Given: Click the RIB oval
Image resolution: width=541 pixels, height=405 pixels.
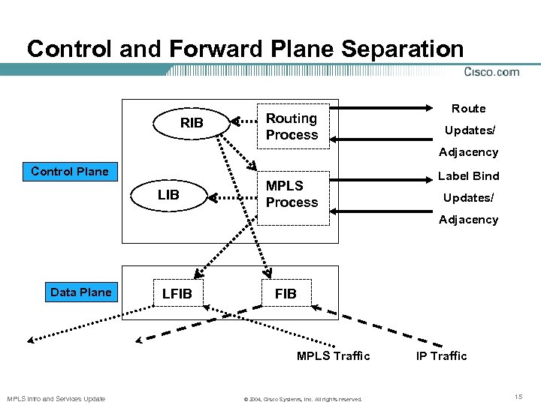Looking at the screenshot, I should click(x=192, y=123).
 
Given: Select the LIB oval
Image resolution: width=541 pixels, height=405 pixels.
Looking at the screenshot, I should click(x=168, y=195).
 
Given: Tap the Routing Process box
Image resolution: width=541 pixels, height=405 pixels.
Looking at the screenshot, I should click(x=292, y=127).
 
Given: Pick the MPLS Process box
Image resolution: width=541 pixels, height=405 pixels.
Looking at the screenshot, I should click(x=292, y=194).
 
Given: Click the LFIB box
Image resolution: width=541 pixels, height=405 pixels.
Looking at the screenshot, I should click(x=177, y=294).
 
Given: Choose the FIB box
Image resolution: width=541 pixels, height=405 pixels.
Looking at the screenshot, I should click(x=286, y=294).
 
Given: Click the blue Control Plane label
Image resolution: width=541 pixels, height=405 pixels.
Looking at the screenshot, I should click(x=70, y=172).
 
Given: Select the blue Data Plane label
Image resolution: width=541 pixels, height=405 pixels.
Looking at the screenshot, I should click(x=80, y=292).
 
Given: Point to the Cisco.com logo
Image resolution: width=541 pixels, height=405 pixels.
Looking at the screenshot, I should click(x=491, y=72).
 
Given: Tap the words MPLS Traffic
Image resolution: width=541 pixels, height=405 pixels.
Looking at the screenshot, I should click(x=333, y=355).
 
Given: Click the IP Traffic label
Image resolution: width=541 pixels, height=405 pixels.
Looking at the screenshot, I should click(x=441, y=355).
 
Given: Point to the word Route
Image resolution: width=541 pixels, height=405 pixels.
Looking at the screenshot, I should click(x=468, y=109).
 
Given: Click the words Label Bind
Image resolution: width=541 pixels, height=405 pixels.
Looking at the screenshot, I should click(x=468, y=176).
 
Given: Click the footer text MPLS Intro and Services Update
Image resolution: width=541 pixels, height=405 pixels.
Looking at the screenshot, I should click(x=56, y=398).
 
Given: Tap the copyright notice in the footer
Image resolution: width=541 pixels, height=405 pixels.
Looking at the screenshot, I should click(x=303, y=398).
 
